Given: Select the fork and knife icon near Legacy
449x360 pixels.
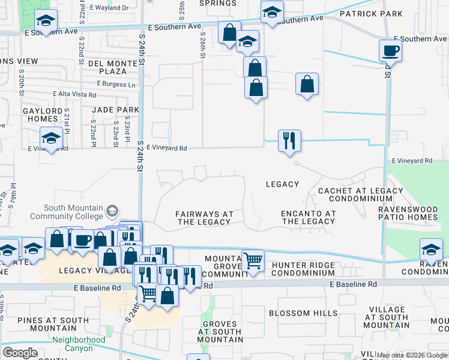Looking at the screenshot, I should coord(289,141).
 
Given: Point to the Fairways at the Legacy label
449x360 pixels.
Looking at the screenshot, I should coord(203,218).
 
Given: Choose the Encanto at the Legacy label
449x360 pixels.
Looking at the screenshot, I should coord(308,217).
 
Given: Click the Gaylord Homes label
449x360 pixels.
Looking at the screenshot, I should coord(43,115).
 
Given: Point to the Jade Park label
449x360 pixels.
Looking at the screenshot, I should coord(115,110).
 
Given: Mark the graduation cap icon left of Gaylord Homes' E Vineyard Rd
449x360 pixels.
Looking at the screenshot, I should coord(51,139).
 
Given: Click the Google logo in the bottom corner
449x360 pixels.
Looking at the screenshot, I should coord(20,353).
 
